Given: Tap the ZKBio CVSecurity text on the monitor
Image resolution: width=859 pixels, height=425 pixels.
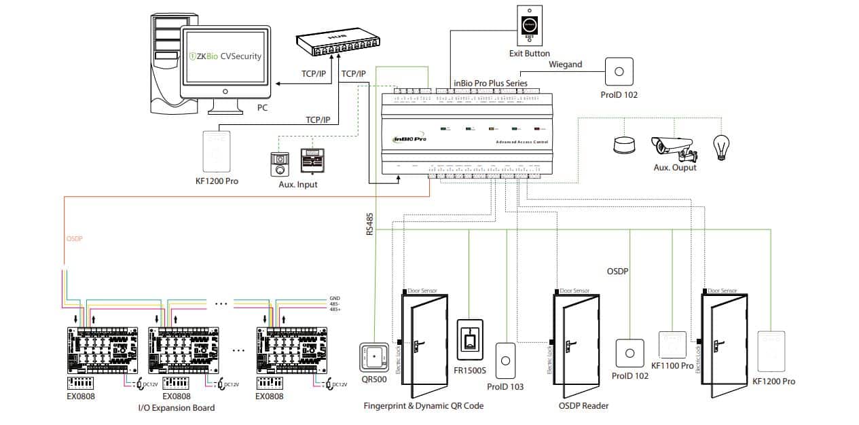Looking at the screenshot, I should [225, 56].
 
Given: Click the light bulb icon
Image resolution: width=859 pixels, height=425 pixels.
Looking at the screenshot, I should [720, 145].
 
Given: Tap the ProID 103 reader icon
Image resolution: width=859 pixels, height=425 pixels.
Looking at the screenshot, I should [506, 361].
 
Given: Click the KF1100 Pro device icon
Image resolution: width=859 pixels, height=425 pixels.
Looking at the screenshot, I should [672, 345].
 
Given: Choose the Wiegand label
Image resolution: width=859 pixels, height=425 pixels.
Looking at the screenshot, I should [565, 64].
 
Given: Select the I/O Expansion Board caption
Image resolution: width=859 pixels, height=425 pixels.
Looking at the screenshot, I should [176, 408].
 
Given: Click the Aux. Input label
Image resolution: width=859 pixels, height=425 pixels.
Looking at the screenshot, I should [297, 185].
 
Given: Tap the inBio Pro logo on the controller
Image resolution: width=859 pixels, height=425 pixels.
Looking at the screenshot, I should [409, 138].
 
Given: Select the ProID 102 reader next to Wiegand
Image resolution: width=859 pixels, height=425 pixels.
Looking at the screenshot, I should [619, 71].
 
